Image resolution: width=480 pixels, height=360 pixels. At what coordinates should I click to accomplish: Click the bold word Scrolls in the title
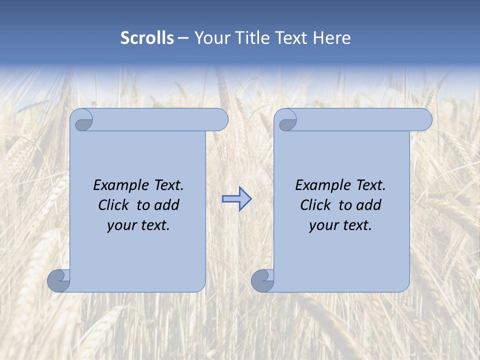tap(147, 38)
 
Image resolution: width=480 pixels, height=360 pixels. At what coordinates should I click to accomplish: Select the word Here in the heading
tap(332, 38)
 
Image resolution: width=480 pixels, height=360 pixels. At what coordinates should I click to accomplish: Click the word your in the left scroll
tap(120, 225)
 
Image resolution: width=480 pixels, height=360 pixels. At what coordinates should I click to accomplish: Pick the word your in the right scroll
tap(322, 225)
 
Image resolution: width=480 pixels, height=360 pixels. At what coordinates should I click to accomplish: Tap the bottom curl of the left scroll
tap(58, 280)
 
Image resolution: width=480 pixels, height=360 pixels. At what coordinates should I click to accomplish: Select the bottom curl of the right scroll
tap(262, 280)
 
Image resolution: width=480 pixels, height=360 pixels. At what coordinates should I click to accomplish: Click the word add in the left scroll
tap(167, 205)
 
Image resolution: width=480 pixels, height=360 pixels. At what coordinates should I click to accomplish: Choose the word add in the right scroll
tap(369, 205)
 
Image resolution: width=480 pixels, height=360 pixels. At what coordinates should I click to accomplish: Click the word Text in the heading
tap(290, 38)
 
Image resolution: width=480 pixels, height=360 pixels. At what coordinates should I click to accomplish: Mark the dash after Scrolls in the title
tap(183, 38)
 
